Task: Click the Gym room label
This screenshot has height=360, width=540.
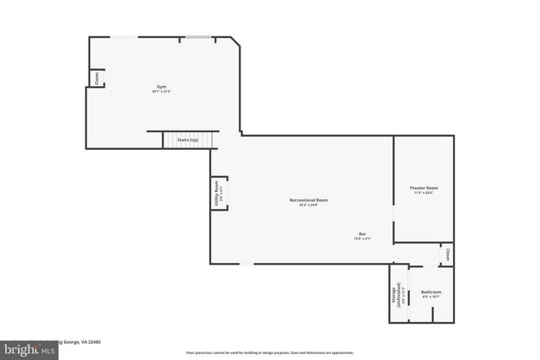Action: click(x=161, y=87)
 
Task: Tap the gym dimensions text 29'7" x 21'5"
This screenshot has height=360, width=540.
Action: click(x=161, y=92)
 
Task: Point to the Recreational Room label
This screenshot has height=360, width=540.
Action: click(x=308, y=200)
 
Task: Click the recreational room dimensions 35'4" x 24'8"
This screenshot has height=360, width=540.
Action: click(x=308, y=205)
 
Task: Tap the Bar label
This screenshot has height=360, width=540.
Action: click(x=362, y=233)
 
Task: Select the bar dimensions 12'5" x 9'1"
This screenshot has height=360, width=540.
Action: click(x=362, y=239)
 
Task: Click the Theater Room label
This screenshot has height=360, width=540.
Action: click(x=424, y=187)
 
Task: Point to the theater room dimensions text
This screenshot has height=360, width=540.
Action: click(x=424, y=193)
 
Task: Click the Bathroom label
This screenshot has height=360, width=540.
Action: click(x=431, y=292)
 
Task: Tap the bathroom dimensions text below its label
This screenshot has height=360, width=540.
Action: click(x=431, y=297)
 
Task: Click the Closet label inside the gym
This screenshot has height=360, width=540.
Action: click(x=97, y=78)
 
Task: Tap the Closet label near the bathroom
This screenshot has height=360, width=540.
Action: click(x=447, y=255)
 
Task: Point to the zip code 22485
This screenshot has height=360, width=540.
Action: click(x=93, y=343)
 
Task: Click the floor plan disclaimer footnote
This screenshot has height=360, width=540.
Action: click(x=270, y=352)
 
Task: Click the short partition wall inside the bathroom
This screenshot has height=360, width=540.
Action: click(x=433, y=314)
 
